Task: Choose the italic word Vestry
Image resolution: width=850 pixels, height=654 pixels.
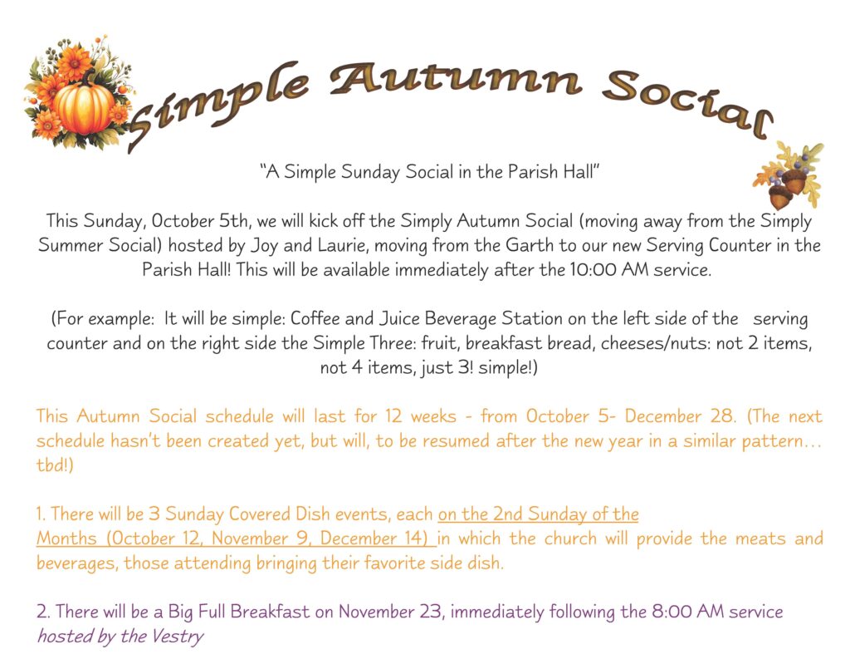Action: click(x=178, y=637)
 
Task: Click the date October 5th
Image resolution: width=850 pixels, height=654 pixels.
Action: click(x=183, y=222)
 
